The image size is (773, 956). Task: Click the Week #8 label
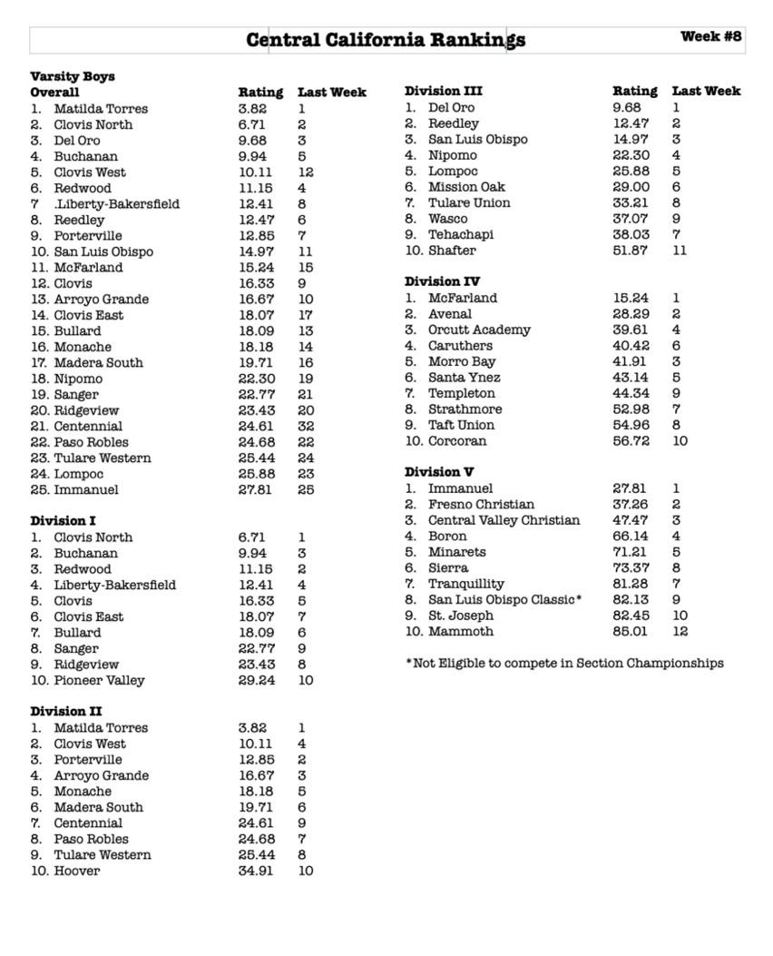(710, 36)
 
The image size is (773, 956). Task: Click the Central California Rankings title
(386, 40)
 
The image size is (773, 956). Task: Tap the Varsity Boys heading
(73, 76)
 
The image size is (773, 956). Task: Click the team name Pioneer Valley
(99, 680)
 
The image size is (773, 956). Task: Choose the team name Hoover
(77, 871)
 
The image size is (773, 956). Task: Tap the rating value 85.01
(631, 631)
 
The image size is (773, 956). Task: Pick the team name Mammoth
(461, 631)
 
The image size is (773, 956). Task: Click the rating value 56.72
(631, 440)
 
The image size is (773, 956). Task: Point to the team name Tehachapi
(462, 234)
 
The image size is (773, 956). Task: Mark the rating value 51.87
(631, 250)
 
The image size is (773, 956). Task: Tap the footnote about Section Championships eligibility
(564, 663)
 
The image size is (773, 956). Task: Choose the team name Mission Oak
(467, 187)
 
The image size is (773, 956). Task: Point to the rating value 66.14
(631, 536)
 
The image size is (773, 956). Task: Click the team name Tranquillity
(466, 584)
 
